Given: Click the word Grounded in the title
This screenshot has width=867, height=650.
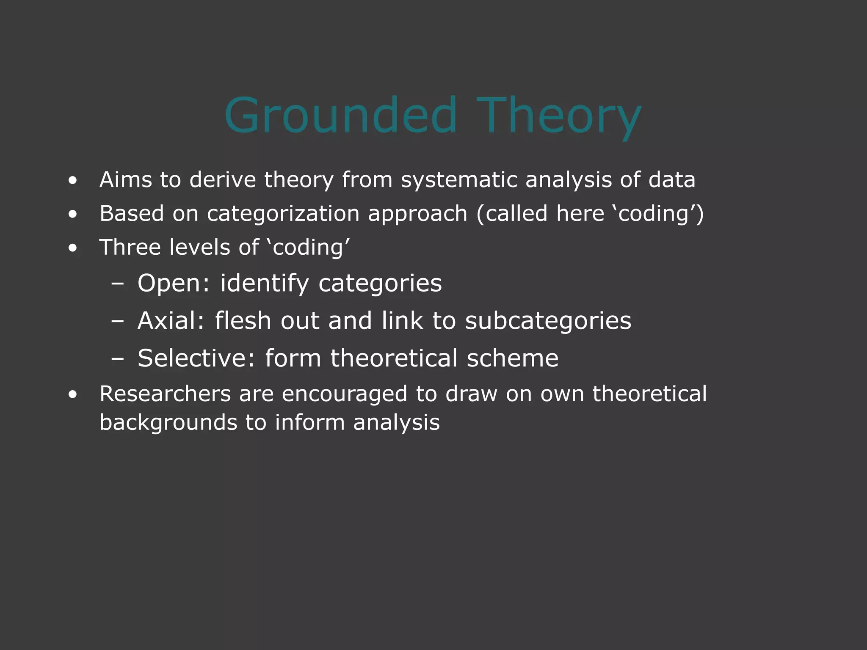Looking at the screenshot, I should (x=341, y=115).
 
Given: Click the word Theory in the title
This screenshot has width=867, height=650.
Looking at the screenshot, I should (x=559, y=115).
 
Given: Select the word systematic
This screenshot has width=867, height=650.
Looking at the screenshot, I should (x=459, y=180).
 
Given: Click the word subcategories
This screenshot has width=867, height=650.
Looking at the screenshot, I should (x=548, y=320).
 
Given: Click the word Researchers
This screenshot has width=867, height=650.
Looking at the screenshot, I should (x=165, y=394).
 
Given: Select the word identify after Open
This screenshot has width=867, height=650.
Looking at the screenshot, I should (x=265, y=284).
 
